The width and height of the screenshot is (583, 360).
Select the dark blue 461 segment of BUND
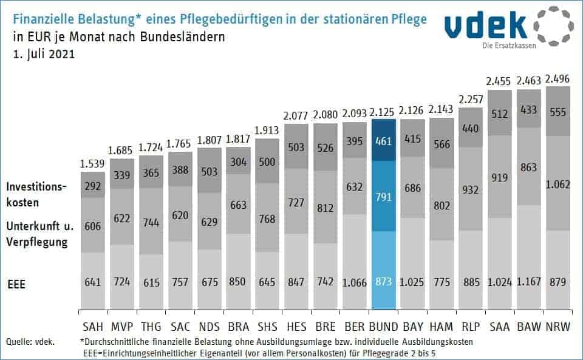click(383, 140)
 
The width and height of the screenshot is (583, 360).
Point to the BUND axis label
click(383, 327)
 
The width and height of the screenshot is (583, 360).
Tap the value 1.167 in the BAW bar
click(529, 282)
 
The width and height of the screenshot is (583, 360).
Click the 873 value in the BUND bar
click(383, 282)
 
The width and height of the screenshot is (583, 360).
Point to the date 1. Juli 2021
click(43, 53)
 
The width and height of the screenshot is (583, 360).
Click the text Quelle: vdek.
click(29, 342)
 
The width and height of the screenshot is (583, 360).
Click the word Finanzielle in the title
click(43, 19)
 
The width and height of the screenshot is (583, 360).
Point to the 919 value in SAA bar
click(500, 178)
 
